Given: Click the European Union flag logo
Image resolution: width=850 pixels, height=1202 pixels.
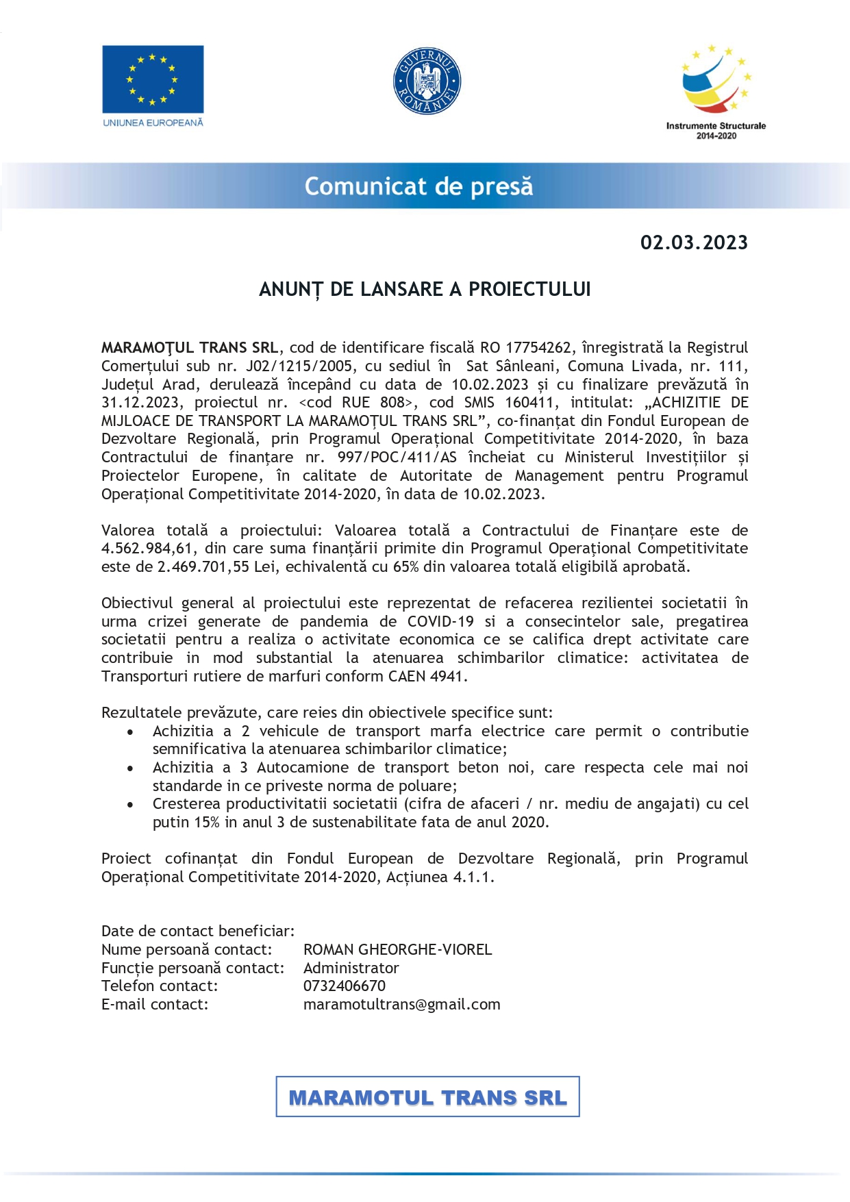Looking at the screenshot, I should [153, 79].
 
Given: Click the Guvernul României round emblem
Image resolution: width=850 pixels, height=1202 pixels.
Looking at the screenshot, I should [427, 81].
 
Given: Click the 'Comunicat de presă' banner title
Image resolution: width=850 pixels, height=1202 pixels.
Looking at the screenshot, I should [418, 186].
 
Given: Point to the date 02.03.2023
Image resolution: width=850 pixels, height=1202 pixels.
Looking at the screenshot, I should [694, 243].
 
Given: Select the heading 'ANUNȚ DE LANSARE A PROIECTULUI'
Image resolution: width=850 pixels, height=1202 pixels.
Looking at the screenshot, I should [425, 290].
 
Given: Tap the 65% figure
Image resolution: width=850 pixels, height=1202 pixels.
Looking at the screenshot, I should [406, 567].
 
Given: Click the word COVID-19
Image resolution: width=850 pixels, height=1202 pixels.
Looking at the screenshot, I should [440, 622].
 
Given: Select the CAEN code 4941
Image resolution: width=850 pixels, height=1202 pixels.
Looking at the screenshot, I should [447, 677].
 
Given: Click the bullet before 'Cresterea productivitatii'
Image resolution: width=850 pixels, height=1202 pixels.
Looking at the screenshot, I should [130, 805].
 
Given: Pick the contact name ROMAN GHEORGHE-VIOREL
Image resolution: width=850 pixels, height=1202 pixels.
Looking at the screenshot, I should [397, 950].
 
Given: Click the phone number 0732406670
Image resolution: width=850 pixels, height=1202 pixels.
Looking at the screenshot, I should [345, 986].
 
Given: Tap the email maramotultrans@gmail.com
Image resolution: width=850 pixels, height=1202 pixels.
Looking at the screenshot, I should [401, 1005].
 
